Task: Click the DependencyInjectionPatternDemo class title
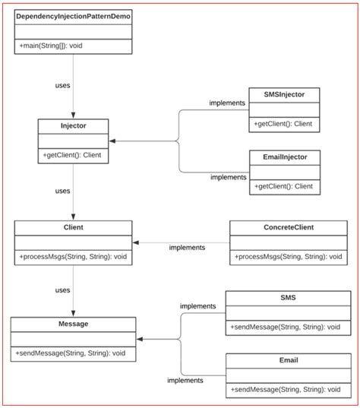click(x=73, y=15)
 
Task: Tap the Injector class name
click(x=73, y=125)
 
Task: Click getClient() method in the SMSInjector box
click(x=283, y=124)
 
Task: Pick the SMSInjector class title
click(x=285, y=93)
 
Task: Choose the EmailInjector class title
click(x=285, y=156)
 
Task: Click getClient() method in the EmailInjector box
click(x=283, y=186)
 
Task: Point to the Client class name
click(x=73, y=226)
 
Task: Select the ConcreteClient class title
click(x=287, y=226)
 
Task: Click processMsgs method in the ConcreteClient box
click(x=287, y=257)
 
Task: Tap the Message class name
click(x=73, y=324)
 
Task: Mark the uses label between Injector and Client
click(x=62, y=191)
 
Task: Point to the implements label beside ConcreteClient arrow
click(x=187, y=247)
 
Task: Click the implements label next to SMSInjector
click(x=227, y=103)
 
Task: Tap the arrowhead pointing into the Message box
click(x=141, y=339)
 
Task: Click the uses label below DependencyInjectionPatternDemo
click(x=62, y=84)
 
